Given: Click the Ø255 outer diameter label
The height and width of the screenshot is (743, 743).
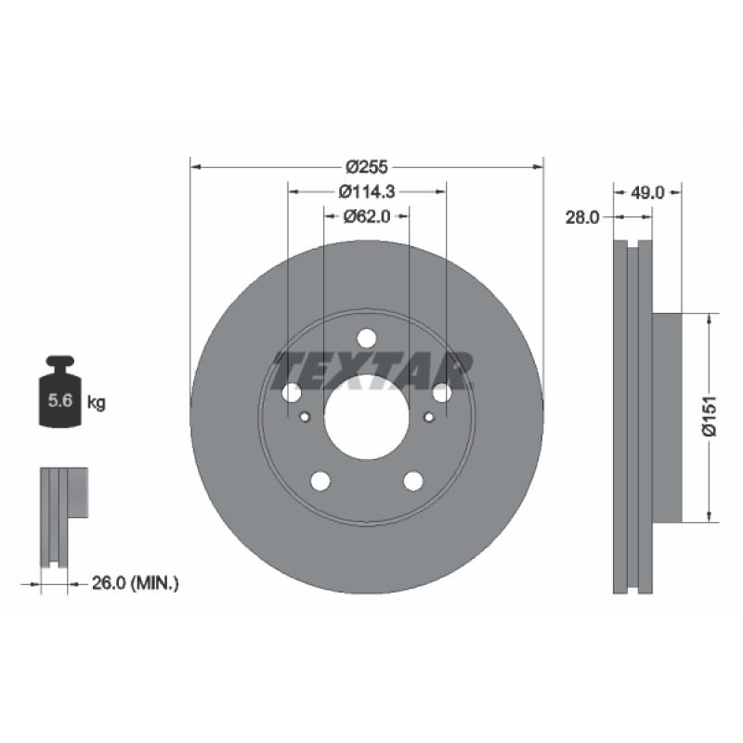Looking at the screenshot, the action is click(x=366, y=167).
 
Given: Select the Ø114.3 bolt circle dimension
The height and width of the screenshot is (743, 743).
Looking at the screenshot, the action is click(x=367, y=191).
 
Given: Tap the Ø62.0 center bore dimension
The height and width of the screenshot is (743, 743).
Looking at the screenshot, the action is click(x=367, y=216).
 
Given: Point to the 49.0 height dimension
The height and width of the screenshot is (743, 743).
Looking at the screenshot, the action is click(x=647, y=192).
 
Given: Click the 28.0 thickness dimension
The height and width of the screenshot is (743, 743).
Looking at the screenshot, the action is click(x=582, y=217).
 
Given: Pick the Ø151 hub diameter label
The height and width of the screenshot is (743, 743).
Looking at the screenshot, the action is click(x=710, y=416).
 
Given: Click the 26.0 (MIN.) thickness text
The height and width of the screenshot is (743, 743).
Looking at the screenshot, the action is click(x=135, y=583).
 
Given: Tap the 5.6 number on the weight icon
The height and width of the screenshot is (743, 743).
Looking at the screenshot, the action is click(x=60, y=400).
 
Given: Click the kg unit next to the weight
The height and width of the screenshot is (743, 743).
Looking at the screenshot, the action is click(x=97, y=403).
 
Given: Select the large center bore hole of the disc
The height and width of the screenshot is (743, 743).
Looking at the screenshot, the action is click(x=367, y=417).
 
